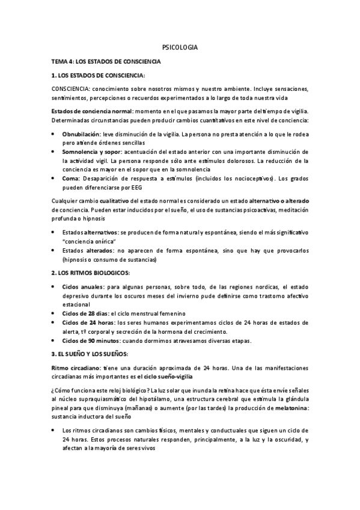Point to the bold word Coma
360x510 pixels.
[71, 179]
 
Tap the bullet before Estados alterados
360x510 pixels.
[54, 250]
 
